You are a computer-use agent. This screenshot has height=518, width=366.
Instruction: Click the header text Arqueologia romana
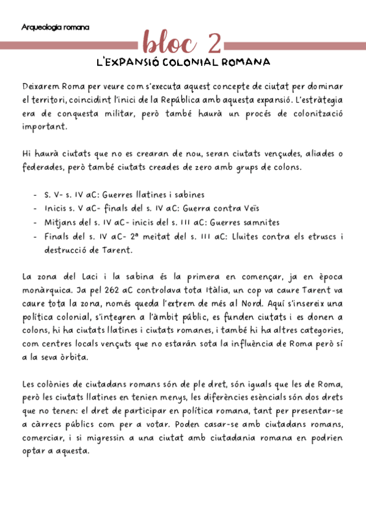point(55,27)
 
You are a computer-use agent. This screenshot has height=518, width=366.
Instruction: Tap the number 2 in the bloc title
point(214,43)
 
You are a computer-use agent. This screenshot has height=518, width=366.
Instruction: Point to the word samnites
point(261,223)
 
